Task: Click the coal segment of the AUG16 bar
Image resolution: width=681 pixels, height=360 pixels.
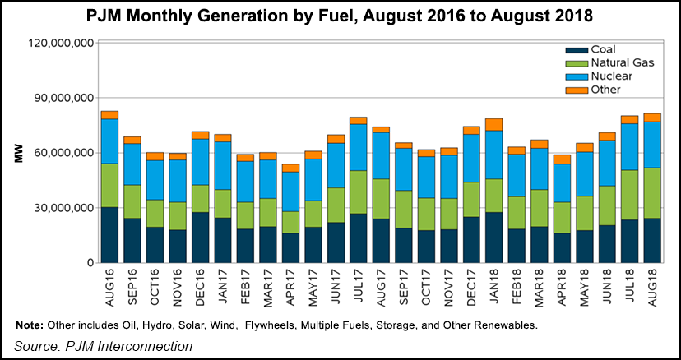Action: [x=109, y=234]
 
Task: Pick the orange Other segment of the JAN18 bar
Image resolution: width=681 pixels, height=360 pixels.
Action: [x=493, y=124]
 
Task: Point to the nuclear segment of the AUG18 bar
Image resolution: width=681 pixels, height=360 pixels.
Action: [x=651, y=145]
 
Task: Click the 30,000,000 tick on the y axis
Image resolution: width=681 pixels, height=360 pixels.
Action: [x=63, y=208]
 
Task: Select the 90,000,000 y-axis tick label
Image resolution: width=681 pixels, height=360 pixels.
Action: [x=63, y=98]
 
